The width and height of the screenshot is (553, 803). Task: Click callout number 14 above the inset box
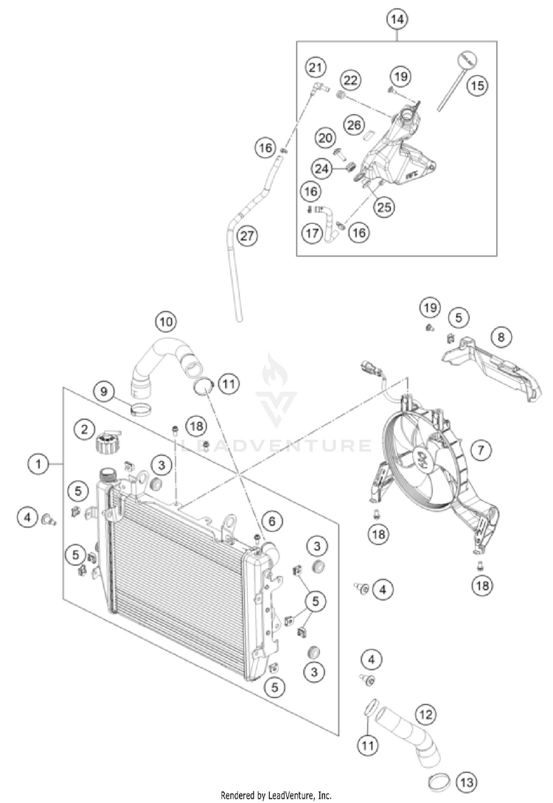pyautogui.click(x=397, y=20)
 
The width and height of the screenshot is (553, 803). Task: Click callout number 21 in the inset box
pyautogui.click(x=316, y=69)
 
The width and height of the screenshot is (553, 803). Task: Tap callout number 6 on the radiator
pyautogui.click(x=271, y=522)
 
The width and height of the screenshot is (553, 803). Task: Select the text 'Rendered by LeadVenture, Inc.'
pyautogui.click(x=276, y=796)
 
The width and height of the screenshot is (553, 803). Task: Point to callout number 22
pyautogui.click(x=351, y=80)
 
